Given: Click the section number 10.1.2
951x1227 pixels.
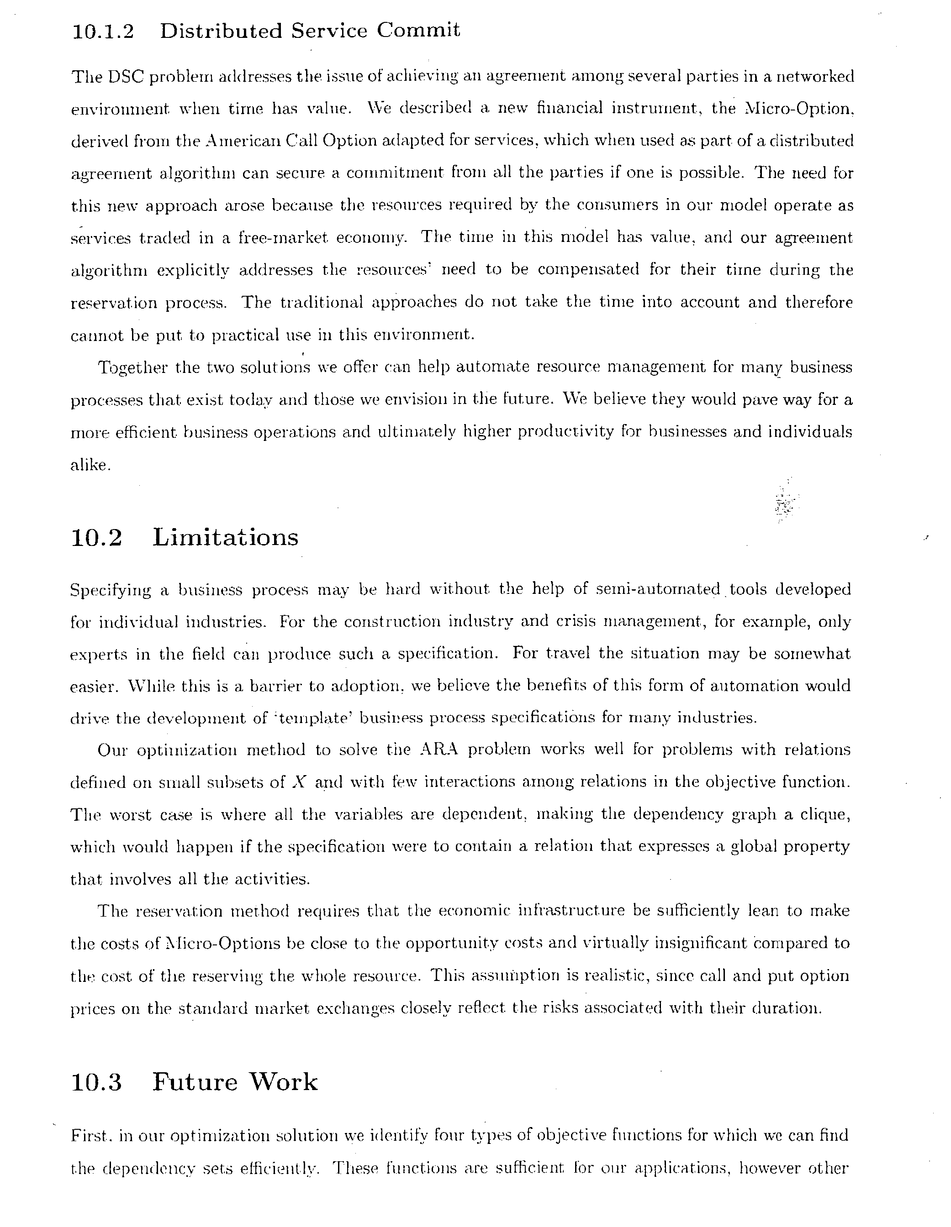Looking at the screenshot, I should pos(103,31).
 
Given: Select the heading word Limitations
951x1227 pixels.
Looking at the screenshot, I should pos(225,538).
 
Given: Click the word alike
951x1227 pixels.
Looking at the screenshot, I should pos(88,465).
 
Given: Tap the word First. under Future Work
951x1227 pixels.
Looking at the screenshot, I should pos(93,1136).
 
